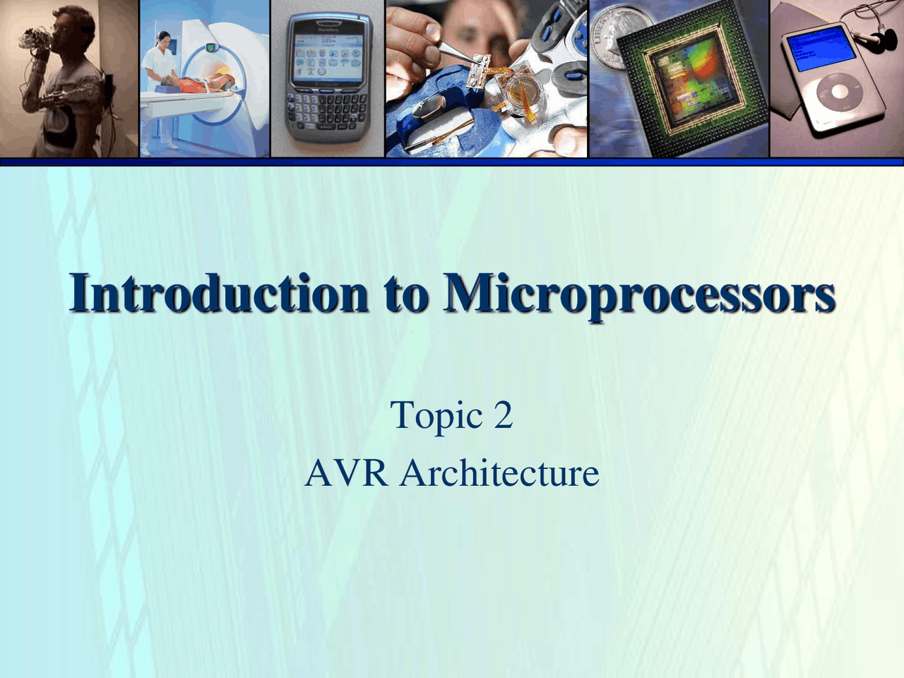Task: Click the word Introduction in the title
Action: pos(218,294)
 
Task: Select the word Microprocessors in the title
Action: pos(640,294)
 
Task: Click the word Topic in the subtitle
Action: pos(436,415)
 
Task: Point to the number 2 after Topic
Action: pos(503,415)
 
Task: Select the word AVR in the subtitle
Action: pos(346,472)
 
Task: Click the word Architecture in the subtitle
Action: pos(499,472)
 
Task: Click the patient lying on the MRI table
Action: pos(205,84)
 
